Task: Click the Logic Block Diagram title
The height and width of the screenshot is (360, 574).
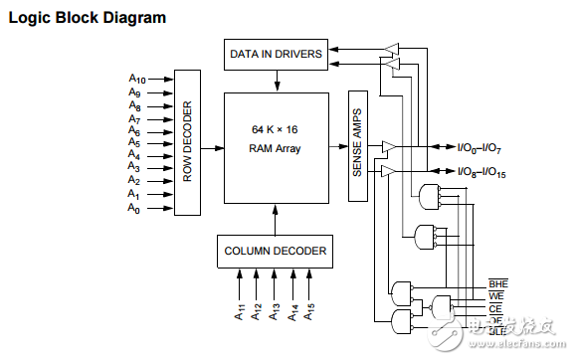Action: tap(88, 18)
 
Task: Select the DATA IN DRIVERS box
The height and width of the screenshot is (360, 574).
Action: tap(275, 54)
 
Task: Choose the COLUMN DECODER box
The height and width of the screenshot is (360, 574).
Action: tap(276, 251)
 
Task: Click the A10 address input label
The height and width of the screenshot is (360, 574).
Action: tap(136, 78)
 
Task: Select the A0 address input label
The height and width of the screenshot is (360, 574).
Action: tap(134, 208)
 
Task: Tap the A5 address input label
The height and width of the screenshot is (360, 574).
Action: tap(134, 142)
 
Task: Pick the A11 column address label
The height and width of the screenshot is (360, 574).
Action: tap(240, 312)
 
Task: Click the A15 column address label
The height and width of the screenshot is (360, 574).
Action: tap(311, 312)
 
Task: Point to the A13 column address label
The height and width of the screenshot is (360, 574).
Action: tap(276, 312)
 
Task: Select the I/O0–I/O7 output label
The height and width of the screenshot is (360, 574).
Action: tap(481, 148)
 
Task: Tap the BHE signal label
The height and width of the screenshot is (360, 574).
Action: tap(497, 283)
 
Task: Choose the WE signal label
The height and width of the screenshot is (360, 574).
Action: tap(496, 295)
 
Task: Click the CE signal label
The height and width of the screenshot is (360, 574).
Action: tap(496, 307)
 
